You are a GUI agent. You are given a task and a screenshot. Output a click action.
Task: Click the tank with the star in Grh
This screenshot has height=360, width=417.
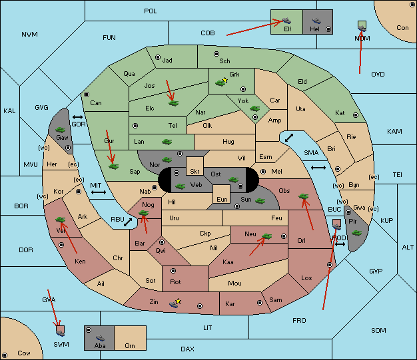(x=220, y=83)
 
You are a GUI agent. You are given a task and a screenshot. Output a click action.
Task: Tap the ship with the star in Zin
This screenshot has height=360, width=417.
(x=175, y=304)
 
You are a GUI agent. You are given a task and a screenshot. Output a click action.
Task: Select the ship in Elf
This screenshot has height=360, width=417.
(x=286, y=21)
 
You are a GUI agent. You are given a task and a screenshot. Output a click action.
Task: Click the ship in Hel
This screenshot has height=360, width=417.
(x=316, y=21)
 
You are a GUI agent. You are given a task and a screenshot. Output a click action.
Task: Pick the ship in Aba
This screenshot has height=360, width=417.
(x=100, y=338)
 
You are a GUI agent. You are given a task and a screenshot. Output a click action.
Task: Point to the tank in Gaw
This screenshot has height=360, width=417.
(x=61, y=130)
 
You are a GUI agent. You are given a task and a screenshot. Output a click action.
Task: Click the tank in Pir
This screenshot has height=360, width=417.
(x=356, y=233)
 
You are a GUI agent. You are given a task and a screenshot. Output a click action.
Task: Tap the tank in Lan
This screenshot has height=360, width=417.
(x=167, y=142)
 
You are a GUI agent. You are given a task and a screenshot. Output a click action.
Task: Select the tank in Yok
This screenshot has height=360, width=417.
(x=254, y=108)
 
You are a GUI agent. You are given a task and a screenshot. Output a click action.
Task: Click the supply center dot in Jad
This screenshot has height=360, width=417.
(x=158, y=57)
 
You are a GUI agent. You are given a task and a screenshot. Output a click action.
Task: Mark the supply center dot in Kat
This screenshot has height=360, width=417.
(x=356, y=115)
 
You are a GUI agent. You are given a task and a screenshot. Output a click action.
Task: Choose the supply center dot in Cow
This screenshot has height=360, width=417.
(x=5, y=355)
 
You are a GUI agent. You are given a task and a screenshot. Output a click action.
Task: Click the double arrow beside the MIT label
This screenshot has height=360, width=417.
(x=99, y=192)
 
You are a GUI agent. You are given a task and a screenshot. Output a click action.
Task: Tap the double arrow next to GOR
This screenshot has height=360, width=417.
(x=78, y=117)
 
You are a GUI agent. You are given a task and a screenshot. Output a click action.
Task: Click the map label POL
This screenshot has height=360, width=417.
(x=151, y=11)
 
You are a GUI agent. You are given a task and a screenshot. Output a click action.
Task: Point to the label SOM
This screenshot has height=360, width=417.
(x=378, y=330)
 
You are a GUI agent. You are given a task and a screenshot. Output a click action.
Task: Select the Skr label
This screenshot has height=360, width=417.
(x=195, y=172)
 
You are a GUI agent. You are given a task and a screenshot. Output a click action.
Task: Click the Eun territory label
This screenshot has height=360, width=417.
(x=222, y=199)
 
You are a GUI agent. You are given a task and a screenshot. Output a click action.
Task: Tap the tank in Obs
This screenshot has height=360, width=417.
(x=304, y=196)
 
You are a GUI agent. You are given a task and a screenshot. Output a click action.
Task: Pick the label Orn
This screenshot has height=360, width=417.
(x=130, y=345)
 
